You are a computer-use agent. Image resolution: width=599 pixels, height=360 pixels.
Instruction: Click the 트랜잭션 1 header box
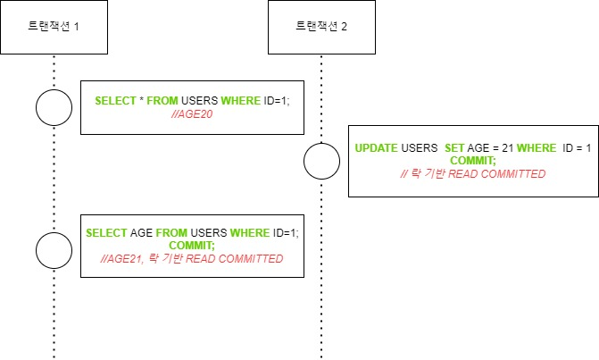tap(53, 27)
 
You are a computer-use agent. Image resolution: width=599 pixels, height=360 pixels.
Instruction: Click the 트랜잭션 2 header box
tap(321, 27)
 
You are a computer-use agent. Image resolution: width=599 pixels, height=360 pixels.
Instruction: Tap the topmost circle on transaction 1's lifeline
tap(53, 108)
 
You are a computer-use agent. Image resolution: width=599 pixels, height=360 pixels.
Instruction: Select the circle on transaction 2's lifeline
tap(321, 162)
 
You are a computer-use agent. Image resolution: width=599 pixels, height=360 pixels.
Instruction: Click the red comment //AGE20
tap(192, 113)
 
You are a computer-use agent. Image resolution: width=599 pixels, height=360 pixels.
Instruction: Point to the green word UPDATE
tap(376, 147)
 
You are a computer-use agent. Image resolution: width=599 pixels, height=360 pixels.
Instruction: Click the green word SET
tap(454, 147)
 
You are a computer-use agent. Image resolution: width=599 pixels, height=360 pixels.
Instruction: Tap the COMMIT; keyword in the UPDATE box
tap(473, 159)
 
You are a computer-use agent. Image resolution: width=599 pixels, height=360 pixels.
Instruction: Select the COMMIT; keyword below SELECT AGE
tap(192, 246)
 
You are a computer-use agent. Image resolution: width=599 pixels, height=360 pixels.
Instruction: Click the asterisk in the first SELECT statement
tap(141, 101)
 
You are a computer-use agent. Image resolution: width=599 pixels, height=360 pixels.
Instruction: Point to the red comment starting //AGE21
tap(192, 258)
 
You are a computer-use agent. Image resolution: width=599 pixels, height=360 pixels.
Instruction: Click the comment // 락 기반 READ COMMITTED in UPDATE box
tap(473, 172)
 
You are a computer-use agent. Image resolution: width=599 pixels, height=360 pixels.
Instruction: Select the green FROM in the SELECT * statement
tap(163, 101)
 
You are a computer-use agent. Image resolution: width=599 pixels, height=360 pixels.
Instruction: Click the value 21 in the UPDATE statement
tap(503, 147)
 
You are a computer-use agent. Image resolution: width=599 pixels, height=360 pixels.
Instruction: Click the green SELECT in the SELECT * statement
tap(115, 101)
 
